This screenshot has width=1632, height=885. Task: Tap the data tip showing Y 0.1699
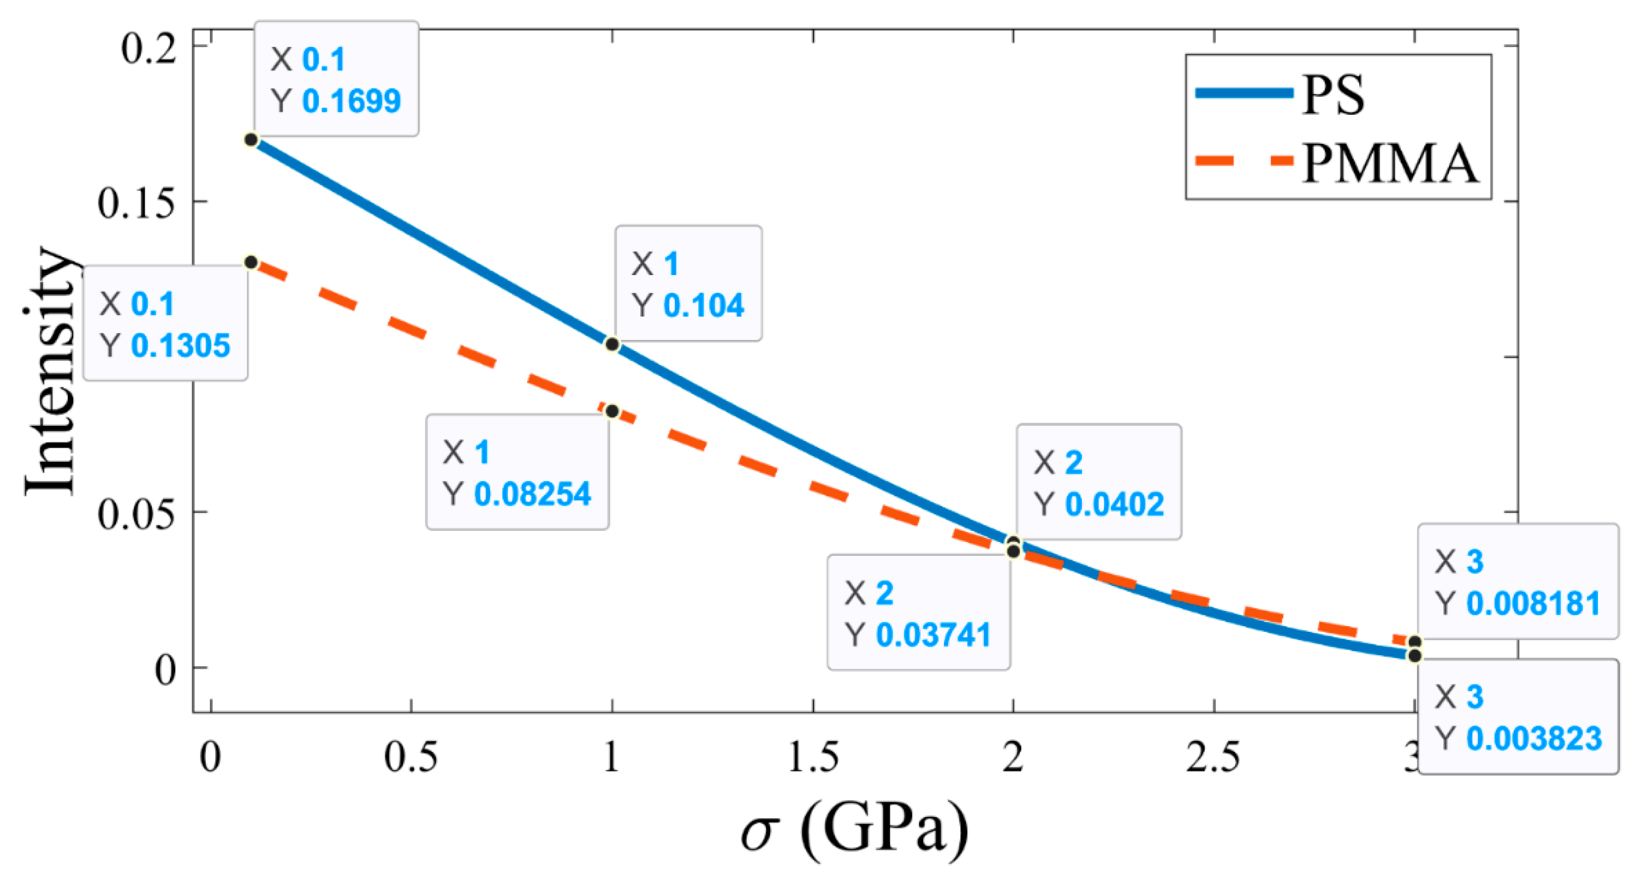(x=337, y=79)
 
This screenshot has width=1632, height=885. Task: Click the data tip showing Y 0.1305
(x=165, y=323)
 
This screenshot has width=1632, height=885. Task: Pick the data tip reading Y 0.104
(x=688, y=283)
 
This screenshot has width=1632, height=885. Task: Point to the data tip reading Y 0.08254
(x=518, y=472)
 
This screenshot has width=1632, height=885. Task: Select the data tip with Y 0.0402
(x=1099, y=482)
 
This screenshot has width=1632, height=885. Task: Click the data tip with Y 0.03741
(x=919, y=612)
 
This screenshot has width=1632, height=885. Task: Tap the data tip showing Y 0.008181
(x=1517, y=582)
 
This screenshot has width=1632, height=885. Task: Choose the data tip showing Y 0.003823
(x=1518, y=717)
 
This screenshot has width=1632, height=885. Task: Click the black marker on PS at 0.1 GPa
(x=251, y=140)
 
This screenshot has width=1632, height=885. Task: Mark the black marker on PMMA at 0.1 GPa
(x=251, y=262)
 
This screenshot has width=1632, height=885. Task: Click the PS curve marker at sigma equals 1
(x=612, y=344)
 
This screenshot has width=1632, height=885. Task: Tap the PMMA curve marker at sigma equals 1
(x=612, y=412)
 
